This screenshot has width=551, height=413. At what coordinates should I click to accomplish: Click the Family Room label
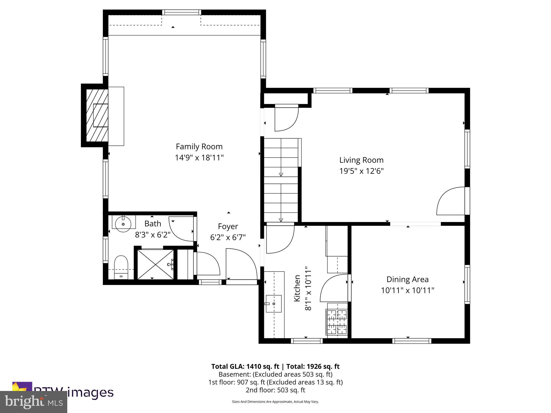point(199,147)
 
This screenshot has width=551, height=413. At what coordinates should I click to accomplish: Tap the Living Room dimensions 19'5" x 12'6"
point(361,171)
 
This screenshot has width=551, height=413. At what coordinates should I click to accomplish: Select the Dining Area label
point(407,279)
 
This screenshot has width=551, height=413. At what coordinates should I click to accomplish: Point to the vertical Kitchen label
point(297,288)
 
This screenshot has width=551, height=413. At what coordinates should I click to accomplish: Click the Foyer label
point(228,226)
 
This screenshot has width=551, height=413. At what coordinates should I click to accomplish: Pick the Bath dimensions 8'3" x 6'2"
point(153,235)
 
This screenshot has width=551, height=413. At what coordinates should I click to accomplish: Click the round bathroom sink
point(123,224)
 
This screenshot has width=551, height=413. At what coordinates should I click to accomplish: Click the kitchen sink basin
point(274,304)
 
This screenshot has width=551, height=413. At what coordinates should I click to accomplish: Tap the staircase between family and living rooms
point(281,180)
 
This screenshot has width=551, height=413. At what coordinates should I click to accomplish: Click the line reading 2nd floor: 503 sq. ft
point(275,390)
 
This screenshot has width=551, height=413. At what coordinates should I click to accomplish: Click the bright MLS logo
point(34,402)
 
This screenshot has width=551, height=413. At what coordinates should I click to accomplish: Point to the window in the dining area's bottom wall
point(412,341)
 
